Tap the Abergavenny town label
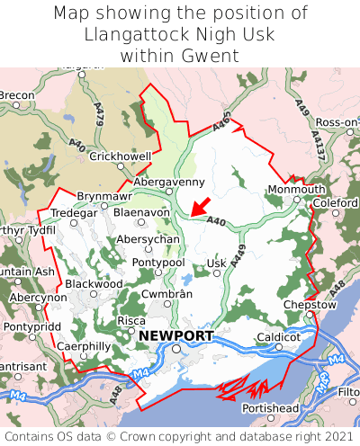click(x=170, y=181)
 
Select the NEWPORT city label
click(x=176, y=336)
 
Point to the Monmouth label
click(x=296, y=190)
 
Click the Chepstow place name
click(x=309, y=305)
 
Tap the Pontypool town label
click(x=158, y=262)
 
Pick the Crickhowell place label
click(x=121, y=156)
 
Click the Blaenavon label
click(x=141, y=213)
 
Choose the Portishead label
click(x=269, y=408)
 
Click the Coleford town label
click(x=334, y=203)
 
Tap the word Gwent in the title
click(x=212, y=56)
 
